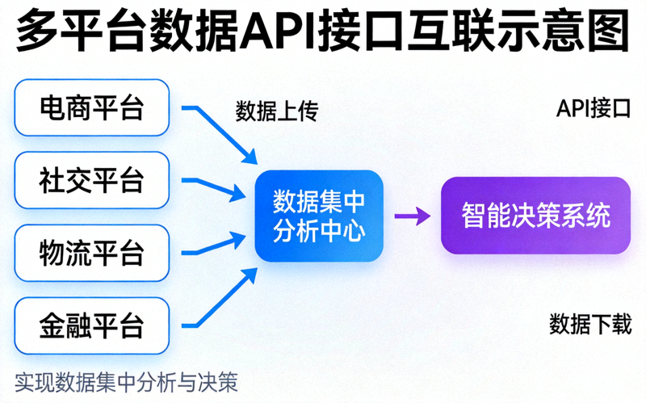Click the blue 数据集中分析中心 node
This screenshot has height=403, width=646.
pos(319,216)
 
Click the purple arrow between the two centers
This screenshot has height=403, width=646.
pos(412,216)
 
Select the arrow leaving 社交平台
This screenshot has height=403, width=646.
pos(215,187)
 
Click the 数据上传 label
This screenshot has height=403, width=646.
pos(277,111)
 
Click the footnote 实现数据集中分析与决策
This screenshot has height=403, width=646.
pos(126,381)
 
